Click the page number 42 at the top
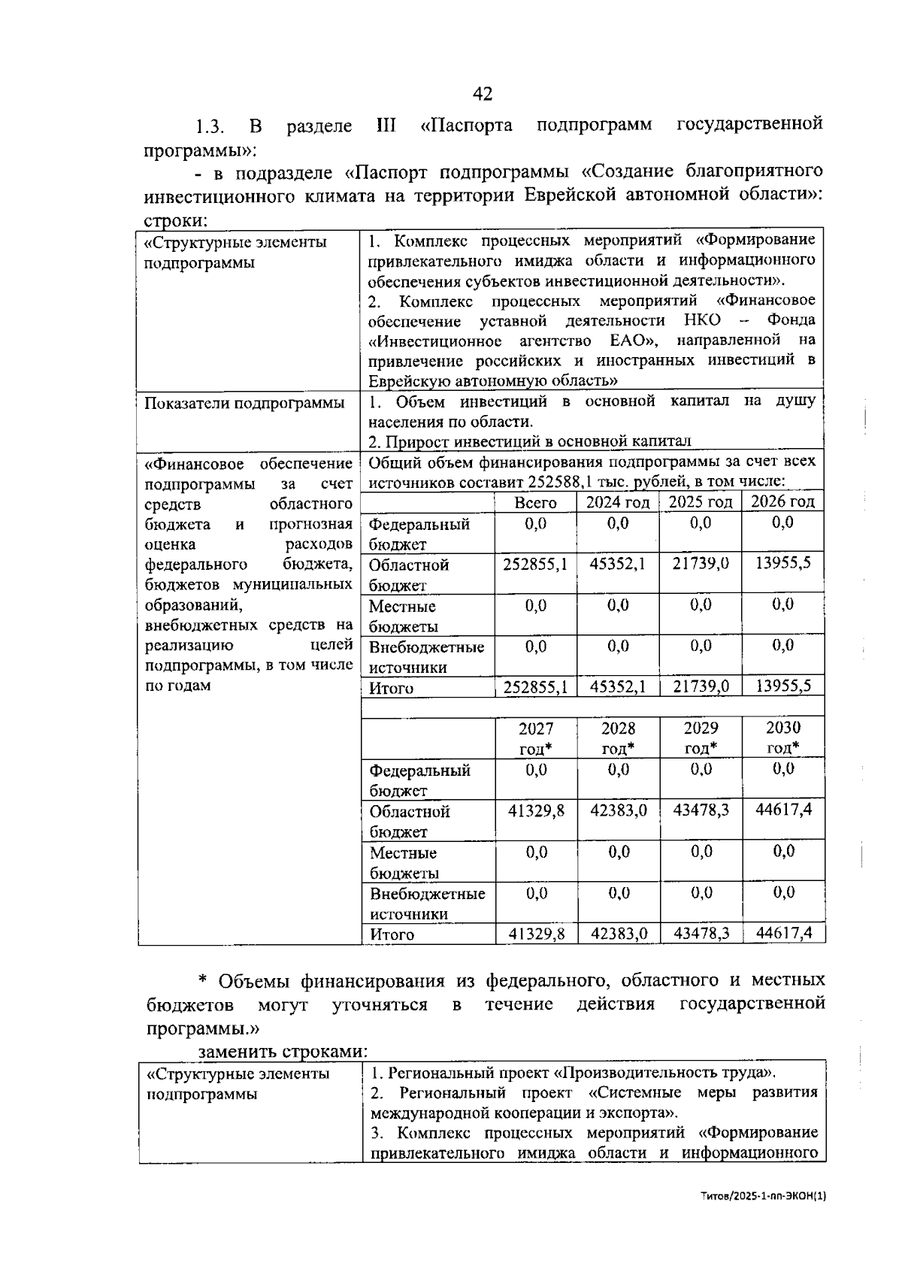pyautogui.click(x=482, y=94)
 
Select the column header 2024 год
pyautogui.click(x=617, y=502)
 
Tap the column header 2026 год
pyautogui.click(x=782, y=501)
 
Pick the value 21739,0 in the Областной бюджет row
pyautogui.click(x=700, y=564)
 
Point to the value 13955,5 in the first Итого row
pyautogui.click(x=782, y=686)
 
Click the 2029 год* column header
pyautogui.click(x=700, y=737)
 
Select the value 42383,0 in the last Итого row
pyautogui.click(x=618, y=934)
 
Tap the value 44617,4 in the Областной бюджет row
pyautogui.click(x=783, y=810)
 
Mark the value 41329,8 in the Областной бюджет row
pyautogui.click(x=536, y=810)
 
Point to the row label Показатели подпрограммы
pyautogui.click(x=244, y=403)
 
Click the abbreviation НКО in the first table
pyautogui.click(x=702, y=321)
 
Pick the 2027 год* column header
pyautogui.click(x=536, y=737)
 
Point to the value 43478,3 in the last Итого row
pyautogui.click(x=701, y=934)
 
